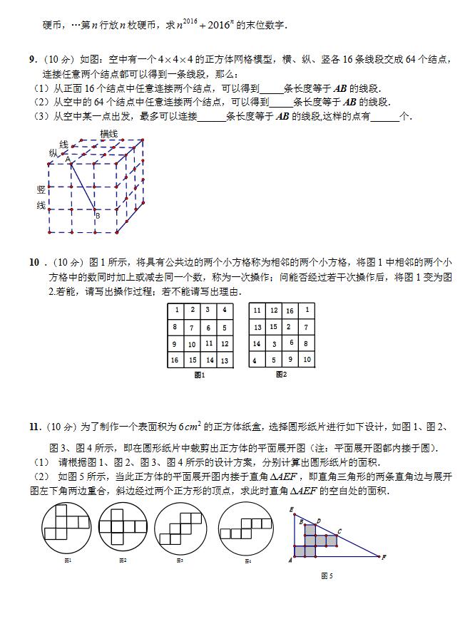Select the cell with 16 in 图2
[x=290, y=311]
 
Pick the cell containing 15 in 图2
[x=273, y=327]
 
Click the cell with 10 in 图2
[x=307, y=360]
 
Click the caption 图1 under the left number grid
[x=200, y=375]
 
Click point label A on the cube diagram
[x=68, y=161]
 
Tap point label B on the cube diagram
[x=98, y=215]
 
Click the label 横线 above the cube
[x=108, y=134]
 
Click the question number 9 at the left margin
[x=33, y=60]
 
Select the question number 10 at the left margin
[x=34, y=262]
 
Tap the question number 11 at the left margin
[x=34, y=427]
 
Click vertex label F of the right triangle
[x=384, y=557]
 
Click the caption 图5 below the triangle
[x=327, y=575]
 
